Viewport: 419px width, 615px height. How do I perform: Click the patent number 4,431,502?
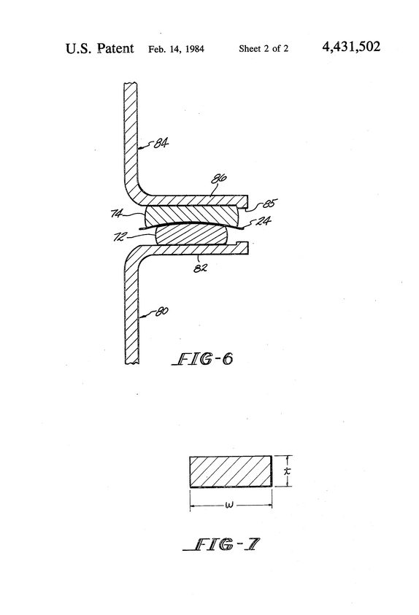tap(351, 47)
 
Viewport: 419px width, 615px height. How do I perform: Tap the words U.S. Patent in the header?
tap(100, 48)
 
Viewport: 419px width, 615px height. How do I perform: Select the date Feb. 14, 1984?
tap(176, 49)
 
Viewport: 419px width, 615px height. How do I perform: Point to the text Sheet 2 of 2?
tap(264, 49)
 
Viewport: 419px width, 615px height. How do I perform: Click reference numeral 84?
tap(161, 143)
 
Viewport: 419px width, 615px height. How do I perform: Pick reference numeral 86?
tap(219, 179)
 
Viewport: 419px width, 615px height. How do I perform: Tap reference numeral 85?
tap(269, 203)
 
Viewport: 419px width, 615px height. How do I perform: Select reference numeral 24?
tap(264, 221)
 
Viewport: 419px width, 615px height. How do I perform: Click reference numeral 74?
tap(118, 213)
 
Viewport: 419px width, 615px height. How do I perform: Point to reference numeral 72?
tap(120, 236)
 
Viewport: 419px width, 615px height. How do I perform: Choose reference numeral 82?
tap(200, 268)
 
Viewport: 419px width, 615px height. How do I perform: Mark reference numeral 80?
tap(161, 312)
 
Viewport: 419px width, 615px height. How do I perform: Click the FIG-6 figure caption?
tap(202, 358)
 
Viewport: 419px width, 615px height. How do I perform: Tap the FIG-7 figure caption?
tap(221, 544)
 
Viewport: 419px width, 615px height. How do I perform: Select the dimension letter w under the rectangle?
tap(230, 505)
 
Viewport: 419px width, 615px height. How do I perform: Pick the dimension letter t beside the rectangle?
tap(288, 471)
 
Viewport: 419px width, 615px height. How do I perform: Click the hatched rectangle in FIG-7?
tap(231, 471)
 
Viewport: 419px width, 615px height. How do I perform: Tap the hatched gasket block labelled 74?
tap(191, 214)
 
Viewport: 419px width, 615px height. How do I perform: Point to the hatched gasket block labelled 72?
tap(191, 235)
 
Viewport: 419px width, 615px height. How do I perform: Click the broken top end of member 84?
tap(131, 83)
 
